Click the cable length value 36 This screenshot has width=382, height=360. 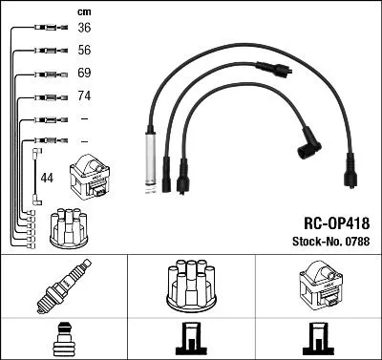click(x=83, y=28)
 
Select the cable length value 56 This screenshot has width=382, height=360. click(x=83, y=50)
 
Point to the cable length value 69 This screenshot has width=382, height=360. click(x=83, y=73)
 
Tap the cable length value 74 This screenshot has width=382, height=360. click(x=83, y=96)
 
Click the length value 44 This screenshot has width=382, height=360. click(x=47, y=177)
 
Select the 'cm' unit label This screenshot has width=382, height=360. click(x=83, y=11)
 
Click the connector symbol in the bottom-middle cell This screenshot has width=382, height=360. click(x=191, y=338)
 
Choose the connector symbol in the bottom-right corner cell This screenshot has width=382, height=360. click(x=318, y=338)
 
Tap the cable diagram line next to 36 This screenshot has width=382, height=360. click(x=44, y=29)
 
